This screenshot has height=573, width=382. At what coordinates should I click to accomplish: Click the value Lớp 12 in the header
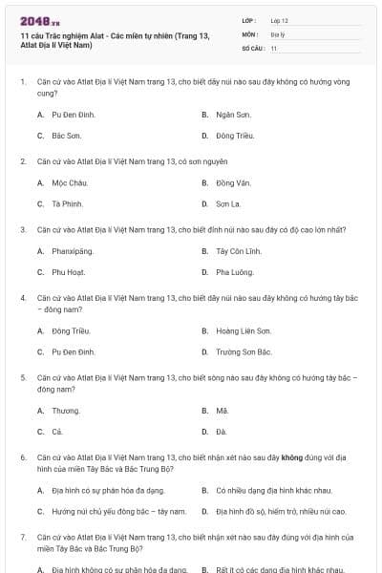click(x=279, y=19)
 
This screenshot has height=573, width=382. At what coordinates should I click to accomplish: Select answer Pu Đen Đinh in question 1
click(x=74, y=114)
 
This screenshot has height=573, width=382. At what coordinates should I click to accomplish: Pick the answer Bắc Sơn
click(x=67, y=136)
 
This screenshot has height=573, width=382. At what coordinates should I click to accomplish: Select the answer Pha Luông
click(x=233, y=272)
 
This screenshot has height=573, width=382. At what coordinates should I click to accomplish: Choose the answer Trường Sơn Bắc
click(x=244, y=352)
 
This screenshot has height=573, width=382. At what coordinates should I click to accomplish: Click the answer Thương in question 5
click(x=66, y=410)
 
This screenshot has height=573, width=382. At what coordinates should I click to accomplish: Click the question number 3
click(x=23, y=229)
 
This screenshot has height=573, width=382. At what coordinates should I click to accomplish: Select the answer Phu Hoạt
click(x=69, y=272)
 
